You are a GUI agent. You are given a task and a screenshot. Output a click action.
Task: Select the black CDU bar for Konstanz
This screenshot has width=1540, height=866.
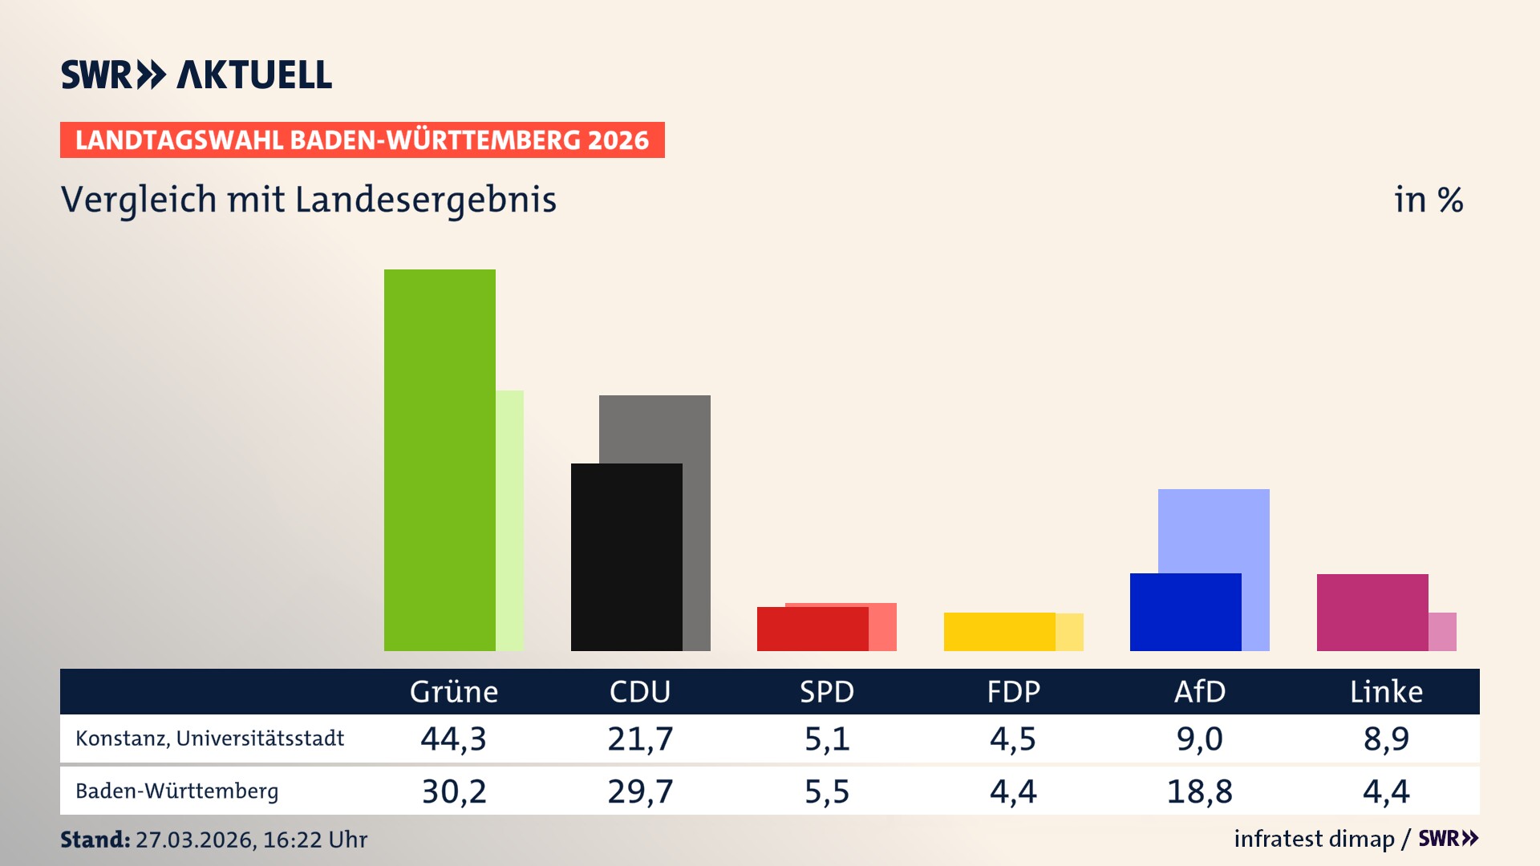pyautogui.click(x=626, y=556)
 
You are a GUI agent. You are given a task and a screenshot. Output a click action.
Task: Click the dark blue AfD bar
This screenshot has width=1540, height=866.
pyautogui.click(x=1185, y=612)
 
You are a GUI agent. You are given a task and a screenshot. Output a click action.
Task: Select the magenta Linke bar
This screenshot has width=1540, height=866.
pyautogui.click(x=1372, y=612)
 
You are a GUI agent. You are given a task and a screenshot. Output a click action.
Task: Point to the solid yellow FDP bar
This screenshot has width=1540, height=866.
pyautogui.click(x=999, y=631)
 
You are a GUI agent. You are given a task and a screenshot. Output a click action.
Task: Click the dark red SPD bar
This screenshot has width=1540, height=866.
pyautogui.click(x=812, y=629)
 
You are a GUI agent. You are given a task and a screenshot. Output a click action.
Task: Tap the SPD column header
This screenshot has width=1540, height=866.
pyautogui.click(x=827, y=691)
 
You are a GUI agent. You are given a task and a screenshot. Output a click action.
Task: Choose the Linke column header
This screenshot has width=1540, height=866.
pyautogui.click(x=1386, y=691)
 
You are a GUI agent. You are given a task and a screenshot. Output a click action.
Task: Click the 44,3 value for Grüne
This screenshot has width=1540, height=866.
pyautogui.click(x=454, y=739)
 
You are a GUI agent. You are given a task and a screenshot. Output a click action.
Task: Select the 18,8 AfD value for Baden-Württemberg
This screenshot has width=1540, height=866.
pyautogui.click(x=1199, y=791)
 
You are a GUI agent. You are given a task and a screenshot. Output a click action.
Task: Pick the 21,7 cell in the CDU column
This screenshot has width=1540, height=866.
pyautogui.click(x=640, y=739)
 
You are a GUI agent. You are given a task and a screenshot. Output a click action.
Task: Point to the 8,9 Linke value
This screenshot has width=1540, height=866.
pyautogui.click(x=1386, y=739)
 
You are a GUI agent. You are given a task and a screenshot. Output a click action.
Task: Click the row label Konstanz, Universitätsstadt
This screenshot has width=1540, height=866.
pyautogui.click(x=209, y=739)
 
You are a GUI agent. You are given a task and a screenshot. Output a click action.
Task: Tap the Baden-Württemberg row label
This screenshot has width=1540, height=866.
pyautogui.click(x=176, y=791)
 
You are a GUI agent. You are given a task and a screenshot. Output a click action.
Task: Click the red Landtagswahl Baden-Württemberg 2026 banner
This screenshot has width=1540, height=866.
pyautogui.click(x=362, y=140)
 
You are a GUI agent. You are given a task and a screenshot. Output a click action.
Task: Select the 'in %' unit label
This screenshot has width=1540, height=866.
pyautogui.click(x=1429, y=200)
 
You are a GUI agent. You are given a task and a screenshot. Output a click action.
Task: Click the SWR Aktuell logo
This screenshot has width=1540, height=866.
pyautogui.click(x=197, y=75)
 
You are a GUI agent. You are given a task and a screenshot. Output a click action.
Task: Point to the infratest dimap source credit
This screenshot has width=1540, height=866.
pyautogui.click(x=1314, y=839)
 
